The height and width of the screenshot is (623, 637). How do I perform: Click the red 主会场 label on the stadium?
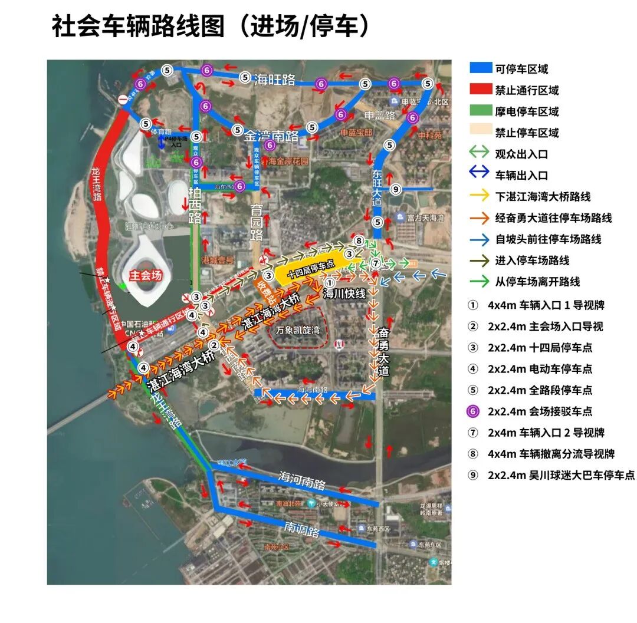point(146,275)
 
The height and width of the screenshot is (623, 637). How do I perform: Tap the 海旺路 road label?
point(275,80)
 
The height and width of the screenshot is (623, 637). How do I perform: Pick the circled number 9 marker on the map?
point(396,189)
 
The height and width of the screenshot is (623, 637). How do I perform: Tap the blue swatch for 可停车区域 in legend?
point(480,68)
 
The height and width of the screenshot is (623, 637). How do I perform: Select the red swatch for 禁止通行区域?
point(480,90)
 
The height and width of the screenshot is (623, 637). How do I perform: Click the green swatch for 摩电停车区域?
point(480,111)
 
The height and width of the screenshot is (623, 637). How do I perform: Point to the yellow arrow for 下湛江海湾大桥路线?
point(480,196)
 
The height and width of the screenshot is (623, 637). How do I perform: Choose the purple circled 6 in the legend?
point(473,411)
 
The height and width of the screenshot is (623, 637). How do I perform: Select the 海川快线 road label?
point(345,293)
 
